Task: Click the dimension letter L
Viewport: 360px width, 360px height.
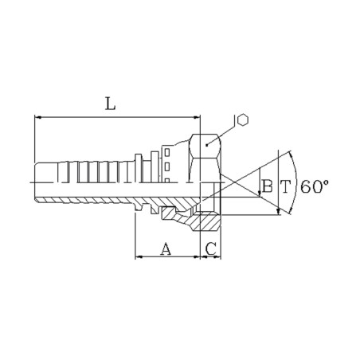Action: point(111,104)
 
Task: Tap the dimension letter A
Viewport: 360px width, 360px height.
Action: point(166,248)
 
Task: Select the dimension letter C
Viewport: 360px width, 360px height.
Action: point(211,248)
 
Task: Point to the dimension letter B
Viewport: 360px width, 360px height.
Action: point(267,186)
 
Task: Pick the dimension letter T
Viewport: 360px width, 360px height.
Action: point(285,186)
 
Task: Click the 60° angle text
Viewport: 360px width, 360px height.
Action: point(315,186)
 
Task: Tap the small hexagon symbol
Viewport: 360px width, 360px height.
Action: point(242,120)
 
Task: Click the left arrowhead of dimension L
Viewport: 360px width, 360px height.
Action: point(38,117)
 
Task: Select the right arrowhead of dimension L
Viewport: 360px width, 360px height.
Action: point(197,117)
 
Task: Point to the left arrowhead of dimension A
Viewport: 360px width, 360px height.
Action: point(139,256)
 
